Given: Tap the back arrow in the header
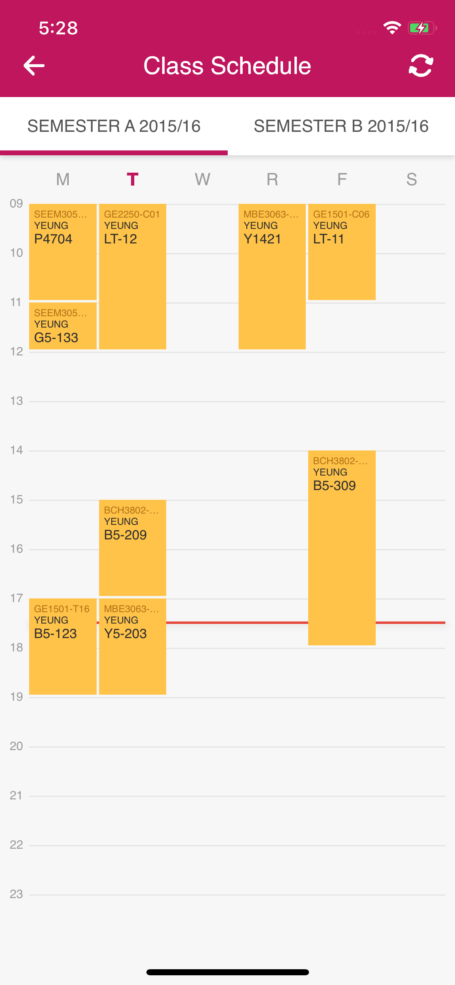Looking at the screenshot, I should [34, 66].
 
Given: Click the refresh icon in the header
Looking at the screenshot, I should [421, 66].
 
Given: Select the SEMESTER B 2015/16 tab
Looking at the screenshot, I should [341, 126].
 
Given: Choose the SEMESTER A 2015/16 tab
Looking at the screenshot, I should [114, 126].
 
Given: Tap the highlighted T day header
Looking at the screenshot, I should [132, 179].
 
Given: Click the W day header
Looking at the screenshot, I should [202, 179].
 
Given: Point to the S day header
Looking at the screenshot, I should [411, 179].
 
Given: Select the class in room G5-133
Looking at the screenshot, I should [63, 326].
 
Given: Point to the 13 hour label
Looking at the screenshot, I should [16, 401].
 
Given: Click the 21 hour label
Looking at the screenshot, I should [16, 795].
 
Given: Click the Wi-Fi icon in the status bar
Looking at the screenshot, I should [392, 28].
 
